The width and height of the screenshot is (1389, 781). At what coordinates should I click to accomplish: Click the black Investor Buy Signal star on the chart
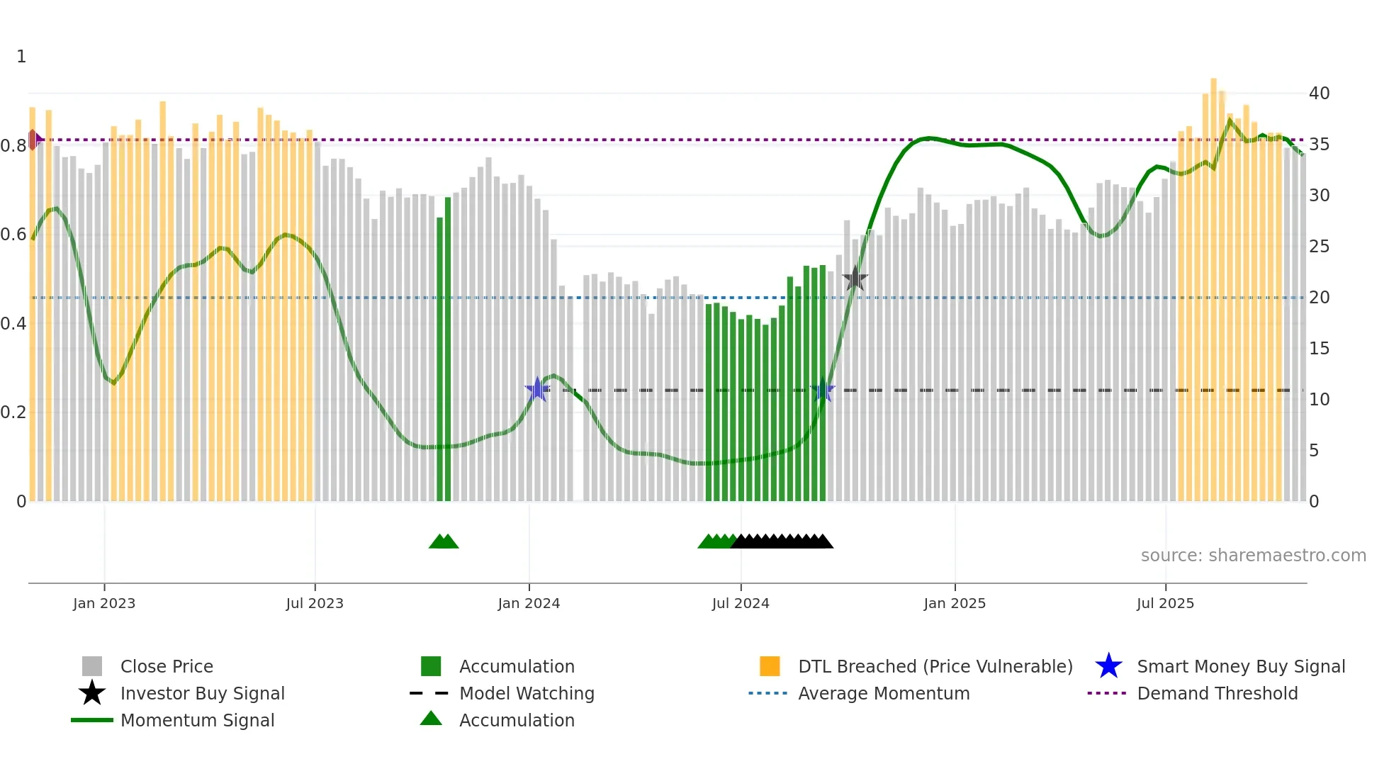[x=855, y=279]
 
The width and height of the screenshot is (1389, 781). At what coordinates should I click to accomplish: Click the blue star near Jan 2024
[x=537, y=389]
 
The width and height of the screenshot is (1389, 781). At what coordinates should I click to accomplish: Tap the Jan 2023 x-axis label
[x=104, y=603]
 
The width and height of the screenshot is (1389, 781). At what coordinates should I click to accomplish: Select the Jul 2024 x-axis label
[x=741, y=603]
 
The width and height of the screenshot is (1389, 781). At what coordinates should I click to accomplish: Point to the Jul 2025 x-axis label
[x=1165, y=603]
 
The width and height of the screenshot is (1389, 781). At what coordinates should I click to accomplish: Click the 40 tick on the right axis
[x=1319, y=94]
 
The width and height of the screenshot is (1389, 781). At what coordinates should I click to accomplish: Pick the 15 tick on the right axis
[x=1319, y=349]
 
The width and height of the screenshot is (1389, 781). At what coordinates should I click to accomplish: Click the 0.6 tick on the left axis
[x=13, y=235]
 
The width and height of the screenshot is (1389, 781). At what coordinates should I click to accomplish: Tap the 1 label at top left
[x=21, y=57]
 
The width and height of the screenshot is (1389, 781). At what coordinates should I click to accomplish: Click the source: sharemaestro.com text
[x=1253, y=556]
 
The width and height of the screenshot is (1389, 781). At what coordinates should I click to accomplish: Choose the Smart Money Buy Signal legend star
[x=1108, y=666]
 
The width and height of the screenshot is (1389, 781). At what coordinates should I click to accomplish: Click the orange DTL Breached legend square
[x=770, y=666]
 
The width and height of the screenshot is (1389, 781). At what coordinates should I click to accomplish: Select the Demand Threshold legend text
[x=1217, y=693]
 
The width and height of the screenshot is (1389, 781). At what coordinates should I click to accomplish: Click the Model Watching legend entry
[x=527, y=693]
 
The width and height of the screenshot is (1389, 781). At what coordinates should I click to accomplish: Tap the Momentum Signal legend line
[x=92, y=720]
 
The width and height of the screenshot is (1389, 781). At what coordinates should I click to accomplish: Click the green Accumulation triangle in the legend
[x=431, y=719]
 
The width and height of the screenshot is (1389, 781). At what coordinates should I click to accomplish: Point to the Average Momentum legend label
[x=884, y=693]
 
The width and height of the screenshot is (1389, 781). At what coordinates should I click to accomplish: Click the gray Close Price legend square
[x=92, y=666]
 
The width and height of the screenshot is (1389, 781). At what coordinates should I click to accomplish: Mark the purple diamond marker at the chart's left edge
[x=33, y=140]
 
